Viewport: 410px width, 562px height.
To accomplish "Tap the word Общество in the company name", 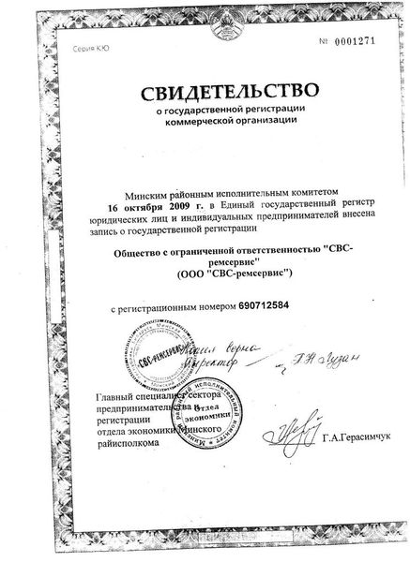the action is pos(139,252).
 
